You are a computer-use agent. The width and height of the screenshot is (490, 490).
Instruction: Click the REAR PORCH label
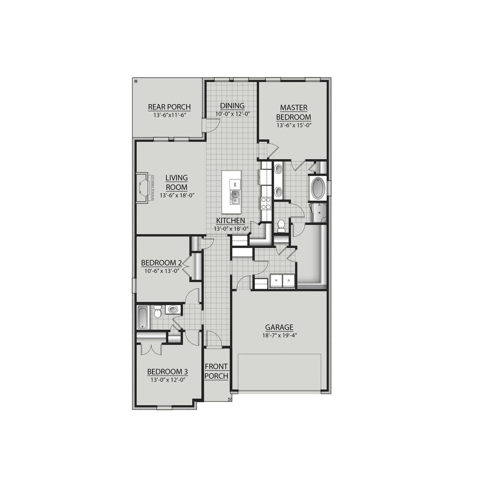(169, 107)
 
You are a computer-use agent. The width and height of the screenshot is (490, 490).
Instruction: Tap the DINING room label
(232, 106)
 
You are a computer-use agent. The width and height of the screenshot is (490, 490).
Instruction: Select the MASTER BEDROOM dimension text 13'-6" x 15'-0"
(293, 125)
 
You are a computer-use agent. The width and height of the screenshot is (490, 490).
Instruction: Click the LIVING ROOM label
(176, 183)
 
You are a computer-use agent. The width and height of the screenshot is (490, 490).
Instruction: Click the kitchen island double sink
(235, 198)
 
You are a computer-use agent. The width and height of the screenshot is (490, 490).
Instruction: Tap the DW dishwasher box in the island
(235, 185)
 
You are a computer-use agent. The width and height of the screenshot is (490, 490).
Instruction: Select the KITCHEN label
(230, 221)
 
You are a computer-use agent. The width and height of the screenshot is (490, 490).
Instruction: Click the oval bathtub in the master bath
(317, 188)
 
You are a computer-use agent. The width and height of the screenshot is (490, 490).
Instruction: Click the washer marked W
(276, 281)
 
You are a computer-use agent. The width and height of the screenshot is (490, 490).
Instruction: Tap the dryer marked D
(289, 281)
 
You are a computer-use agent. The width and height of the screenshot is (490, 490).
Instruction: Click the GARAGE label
(279, 327)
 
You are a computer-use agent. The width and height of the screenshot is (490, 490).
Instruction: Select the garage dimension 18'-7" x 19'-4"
(279, 335)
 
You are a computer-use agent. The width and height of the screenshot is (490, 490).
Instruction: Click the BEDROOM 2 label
(161, 263)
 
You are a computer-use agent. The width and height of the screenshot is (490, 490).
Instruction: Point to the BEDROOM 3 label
(167, 372)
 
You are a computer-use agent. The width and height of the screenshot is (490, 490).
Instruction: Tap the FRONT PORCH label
(216, 371)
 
